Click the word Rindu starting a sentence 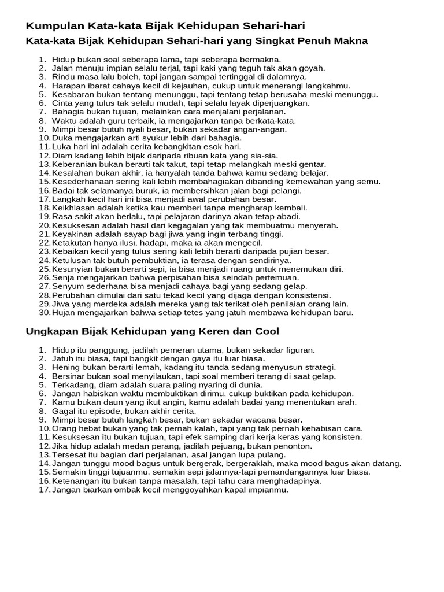[x=62, y=76]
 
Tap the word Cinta [x=62, y=103]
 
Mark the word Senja [x=63, y=277]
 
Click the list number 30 [x=45, y=313]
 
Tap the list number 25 [x=45, y=269]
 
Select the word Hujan [x=64, y=313]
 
